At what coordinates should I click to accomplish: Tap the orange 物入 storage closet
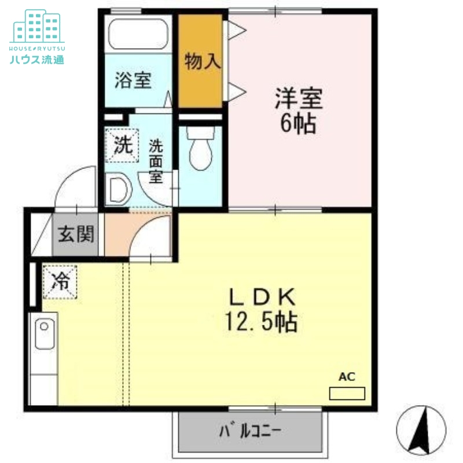(201, 61)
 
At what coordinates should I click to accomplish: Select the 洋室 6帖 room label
(299, 110)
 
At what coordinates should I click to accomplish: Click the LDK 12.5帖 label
(263, 310)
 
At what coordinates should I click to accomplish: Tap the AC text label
(347, 377)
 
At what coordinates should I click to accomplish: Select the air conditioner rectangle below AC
(347, 394)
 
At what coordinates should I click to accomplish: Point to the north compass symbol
(421, 430)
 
